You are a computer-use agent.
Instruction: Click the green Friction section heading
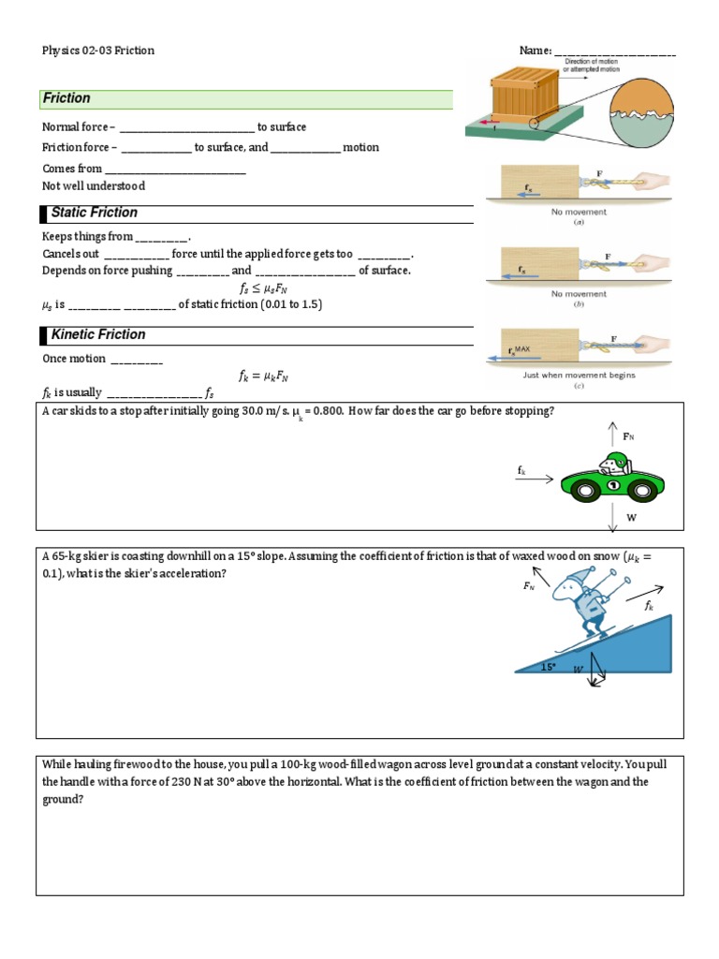point(67,98)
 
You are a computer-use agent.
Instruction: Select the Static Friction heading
point(94,213)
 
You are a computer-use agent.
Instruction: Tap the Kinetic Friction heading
point(98,334)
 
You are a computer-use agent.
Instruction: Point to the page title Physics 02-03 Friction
point(98,51)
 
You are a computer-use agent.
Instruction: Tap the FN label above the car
point(635,436)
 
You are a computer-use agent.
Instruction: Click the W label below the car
point(631,517)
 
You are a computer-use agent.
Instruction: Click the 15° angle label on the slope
point(548,667)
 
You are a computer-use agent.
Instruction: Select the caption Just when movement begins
point(579,376)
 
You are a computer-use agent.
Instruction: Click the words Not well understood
point(94,186)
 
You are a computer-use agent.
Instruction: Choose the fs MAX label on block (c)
point(517,350)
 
